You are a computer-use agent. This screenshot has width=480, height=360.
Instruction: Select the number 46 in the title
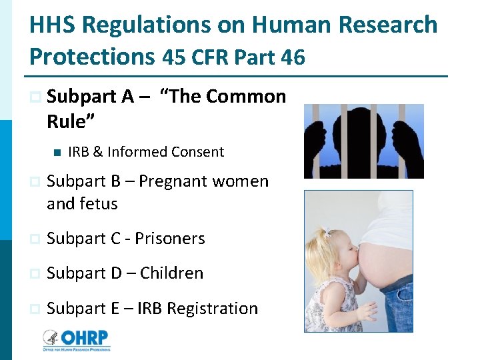click(x=293, y=57)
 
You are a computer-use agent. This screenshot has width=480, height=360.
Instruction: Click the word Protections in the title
click(x=92, y=57)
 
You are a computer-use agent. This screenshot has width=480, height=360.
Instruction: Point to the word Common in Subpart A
click(x=246, y=97)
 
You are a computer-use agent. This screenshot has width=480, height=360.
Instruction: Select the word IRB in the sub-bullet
click(x=79, y=152)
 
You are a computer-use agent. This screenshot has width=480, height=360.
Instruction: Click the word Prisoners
click(x=169, y=239)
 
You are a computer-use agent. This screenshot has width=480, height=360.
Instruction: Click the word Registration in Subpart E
click(x=212, y=309)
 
